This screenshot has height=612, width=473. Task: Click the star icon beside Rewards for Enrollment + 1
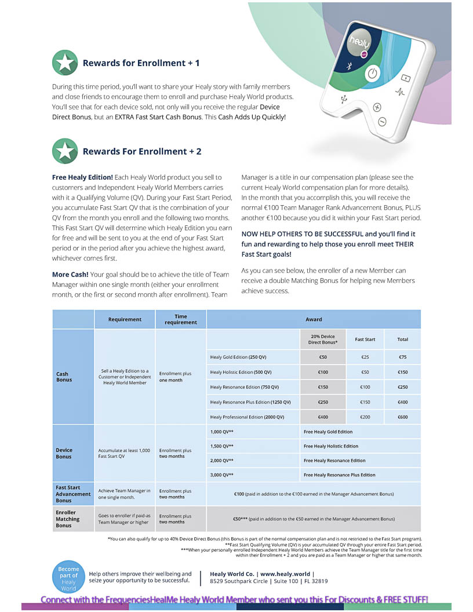[x=65, y=63]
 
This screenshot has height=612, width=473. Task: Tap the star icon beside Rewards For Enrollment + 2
[x=65, y=151]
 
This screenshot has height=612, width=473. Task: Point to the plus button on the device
[x=377, y=107]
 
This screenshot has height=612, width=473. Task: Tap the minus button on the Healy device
[x=382, y=122]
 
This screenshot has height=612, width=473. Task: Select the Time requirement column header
[x=181, y=319]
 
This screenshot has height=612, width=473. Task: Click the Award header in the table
[x=314, y=319]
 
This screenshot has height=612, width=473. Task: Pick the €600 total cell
[x=402, y=417]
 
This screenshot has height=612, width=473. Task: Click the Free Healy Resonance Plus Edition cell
[x=340, y=475]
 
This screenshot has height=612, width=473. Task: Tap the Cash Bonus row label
[x=64, y=377]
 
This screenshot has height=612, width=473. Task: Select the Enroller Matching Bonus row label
[x=66, y=519]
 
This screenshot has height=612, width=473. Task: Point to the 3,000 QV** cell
[x=222, y=475]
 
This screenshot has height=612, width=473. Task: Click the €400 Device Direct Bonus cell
[x=323, y=417]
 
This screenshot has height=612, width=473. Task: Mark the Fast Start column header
[x=365, y=340]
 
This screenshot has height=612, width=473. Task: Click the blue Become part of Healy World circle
[x=68, y=576]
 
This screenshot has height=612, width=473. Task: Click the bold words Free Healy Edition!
[x=83, y=177]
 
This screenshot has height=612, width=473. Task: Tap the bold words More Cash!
[x=70, y=275]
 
